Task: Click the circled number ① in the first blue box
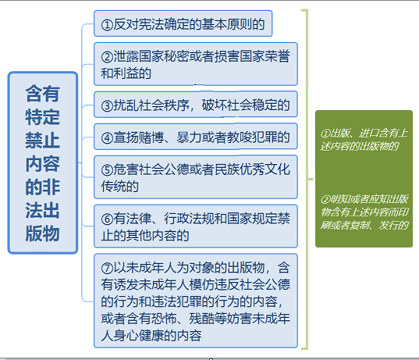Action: (107, 25)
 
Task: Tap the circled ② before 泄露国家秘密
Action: (107, 57)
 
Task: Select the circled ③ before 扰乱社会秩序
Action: (107, 105)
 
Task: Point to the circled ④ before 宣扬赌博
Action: (107, 138)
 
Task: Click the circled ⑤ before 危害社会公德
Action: (107, 170)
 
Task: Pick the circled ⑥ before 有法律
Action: (107, 219)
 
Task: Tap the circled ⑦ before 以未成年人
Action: (107, 268)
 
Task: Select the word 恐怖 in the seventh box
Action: (164, 319)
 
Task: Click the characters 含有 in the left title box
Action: (42, 94)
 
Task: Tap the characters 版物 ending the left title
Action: (42, 233)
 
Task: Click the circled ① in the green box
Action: (325, 134)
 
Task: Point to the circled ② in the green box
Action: (325, 200)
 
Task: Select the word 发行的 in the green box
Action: (393, 226)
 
